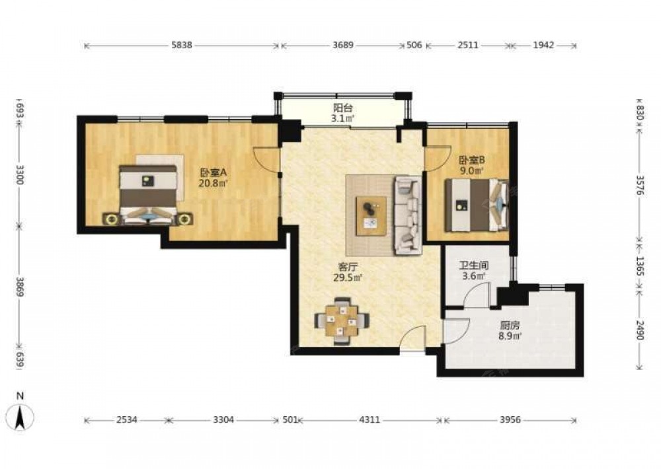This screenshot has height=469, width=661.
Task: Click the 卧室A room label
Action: [214, 172]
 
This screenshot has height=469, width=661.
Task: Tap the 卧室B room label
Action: [472, 160]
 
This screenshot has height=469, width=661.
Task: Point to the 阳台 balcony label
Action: [342, 108]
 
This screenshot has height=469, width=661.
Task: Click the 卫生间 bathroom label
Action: [473, 266]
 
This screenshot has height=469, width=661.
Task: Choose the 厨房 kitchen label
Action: [509, 325]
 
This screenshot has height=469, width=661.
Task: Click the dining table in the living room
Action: [342, 321]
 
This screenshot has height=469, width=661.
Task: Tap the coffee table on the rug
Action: [371, 215]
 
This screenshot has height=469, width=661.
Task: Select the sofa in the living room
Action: [408, 215]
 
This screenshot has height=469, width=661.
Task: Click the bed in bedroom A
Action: [147, 195]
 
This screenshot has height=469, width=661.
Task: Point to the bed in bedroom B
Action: [477, 205]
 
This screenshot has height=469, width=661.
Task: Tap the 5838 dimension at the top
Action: [182, 45]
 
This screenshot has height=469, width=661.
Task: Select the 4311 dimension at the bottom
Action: [369, 419]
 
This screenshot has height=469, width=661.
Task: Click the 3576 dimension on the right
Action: [640, 185]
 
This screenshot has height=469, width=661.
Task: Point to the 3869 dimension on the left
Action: [20, 286]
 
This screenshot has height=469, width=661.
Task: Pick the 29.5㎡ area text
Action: [348, 277]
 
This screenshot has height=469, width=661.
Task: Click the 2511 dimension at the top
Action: [468, 45]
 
